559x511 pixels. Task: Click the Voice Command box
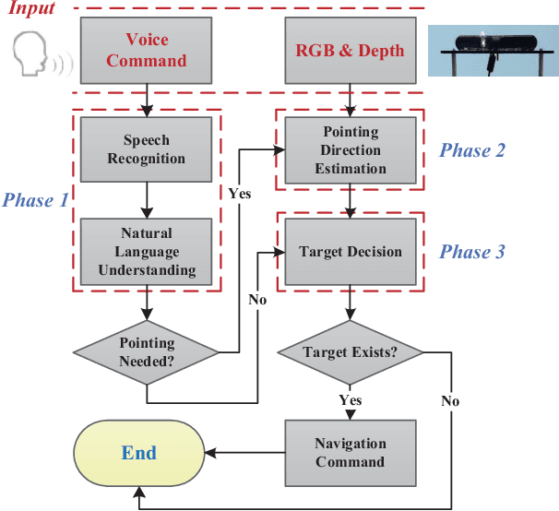146,51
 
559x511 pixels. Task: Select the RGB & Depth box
350,51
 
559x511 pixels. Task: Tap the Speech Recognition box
146,149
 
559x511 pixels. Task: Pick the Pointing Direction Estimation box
350,149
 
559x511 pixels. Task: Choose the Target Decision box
350,251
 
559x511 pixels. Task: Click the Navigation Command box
350,452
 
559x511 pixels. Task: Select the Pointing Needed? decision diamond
147,352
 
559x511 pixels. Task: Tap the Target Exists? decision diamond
350,351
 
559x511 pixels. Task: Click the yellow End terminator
139,453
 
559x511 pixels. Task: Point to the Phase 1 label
35,199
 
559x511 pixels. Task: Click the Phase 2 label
471,150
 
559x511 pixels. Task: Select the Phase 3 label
471,252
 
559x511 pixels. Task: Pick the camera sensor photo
494,50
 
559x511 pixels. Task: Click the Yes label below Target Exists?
350,400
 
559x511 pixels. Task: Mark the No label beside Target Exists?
449,401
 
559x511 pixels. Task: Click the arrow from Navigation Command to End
244,453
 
